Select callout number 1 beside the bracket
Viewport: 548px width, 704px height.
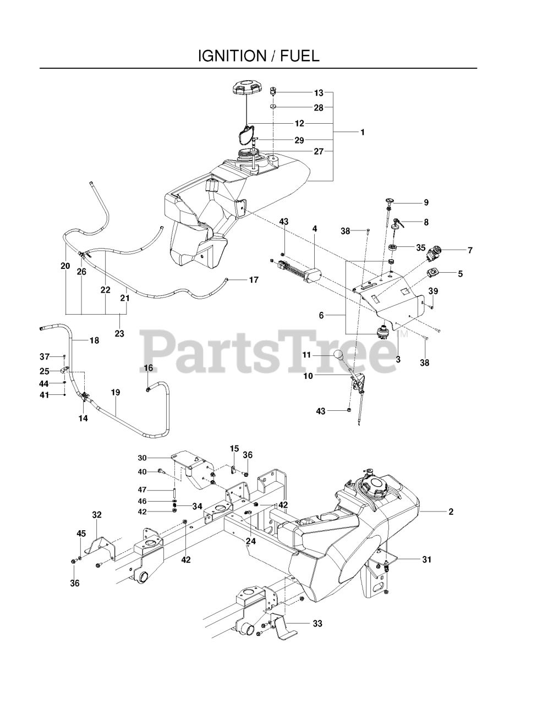tap(363, 132)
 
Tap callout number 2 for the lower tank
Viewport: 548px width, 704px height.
tap(451, 512)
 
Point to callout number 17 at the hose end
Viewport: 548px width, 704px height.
tap(254, 280)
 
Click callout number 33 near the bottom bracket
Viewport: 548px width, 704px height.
tap(317, 624)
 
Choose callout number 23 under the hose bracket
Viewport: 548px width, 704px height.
tap(119, 333)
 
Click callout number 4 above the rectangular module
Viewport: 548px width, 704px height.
tap(315, 228)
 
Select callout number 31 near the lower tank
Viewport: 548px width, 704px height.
tap(426, 559)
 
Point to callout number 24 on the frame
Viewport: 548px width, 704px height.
tap(251, 541)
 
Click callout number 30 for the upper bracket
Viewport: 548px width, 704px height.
tap(142, 458)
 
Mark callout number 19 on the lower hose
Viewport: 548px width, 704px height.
tap(115, 393)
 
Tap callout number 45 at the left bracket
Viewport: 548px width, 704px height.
tap(81, 533)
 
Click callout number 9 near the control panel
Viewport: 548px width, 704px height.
tap(426, 202)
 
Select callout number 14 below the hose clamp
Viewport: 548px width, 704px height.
tap(83, 418)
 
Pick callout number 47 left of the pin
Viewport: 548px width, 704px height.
tap(142, 490)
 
